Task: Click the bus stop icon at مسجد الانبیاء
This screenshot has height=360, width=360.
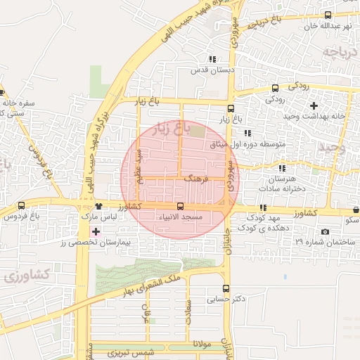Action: point(181,207)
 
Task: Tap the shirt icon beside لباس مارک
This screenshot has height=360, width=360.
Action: point(98,207)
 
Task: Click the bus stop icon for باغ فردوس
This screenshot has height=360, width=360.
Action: point(21,206)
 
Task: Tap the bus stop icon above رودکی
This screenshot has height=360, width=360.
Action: point(275,89)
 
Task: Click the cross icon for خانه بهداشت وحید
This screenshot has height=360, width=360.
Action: point(314,105)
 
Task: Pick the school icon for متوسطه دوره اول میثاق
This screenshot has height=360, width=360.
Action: point(247,133)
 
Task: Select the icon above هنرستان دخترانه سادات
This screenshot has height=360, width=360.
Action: point(282,169)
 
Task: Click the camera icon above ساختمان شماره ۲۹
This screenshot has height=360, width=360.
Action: point(324,231)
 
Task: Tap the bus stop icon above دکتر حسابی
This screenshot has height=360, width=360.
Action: point(226,288)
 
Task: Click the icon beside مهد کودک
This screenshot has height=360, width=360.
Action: point(262,208)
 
